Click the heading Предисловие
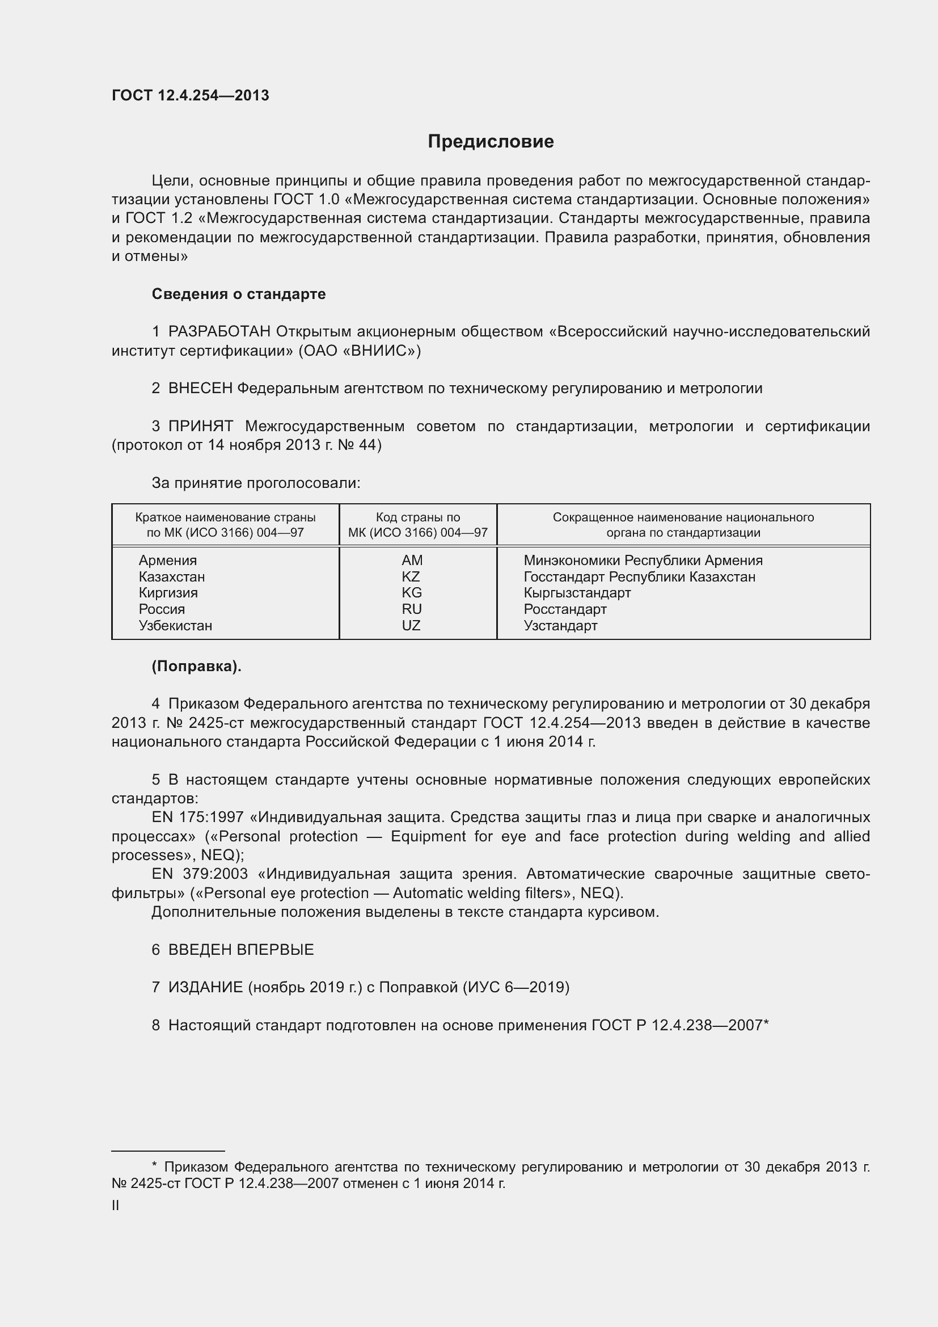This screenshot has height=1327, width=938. (491, 142)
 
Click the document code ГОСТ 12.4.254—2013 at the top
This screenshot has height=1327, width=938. (190, 96)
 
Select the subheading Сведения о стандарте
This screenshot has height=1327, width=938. (239, 294)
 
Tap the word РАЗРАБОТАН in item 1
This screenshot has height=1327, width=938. (219, 332)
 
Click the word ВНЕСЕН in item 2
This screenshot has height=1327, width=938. (200, 389)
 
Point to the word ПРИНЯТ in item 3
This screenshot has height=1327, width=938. (200, 427)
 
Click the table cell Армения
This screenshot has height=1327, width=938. (167, 560)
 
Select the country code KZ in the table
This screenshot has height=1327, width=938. (411, 576)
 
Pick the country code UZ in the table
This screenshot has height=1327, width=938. (411, 625)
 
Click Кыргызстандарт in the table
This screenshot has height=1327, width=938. (577, 592)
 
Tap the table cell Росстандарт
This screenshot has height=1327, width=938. (565, 609)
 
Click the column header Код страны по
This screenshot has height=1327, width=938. (417, 517)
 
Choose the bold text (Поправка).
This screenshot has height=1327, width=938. (196, 667)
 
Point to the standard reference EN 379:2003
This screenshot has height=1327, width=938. (199, 874)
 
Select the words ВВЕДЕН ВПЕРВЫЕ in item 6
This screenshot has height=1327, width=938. (241, 950)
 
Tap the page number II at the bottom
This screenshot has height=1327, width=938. (116, 1206)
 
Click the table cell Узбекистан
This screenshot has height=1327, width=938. (175, 625)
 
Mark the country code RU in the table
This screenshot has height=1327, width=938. (412, 609)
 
